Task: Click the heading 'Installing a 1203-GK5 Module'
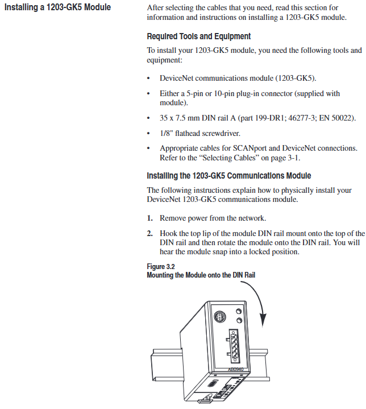point(57,7)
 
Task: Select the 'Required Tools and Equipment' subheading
point(198,36)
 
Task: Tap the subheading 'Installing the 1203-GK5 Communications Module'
point(228,176)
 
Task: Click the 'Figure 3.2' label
point(161,266)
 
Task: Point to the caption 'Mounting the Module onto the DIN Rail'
point(201,275)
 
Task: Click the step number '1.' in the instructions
point(151,218)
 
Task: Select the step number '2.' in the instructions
point(151,233)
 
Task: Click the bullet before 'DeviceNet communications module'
point(149,78)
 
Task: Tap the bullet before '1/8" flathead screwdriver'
point(149,134)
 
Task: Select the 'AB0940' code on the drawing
point(235,369)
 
